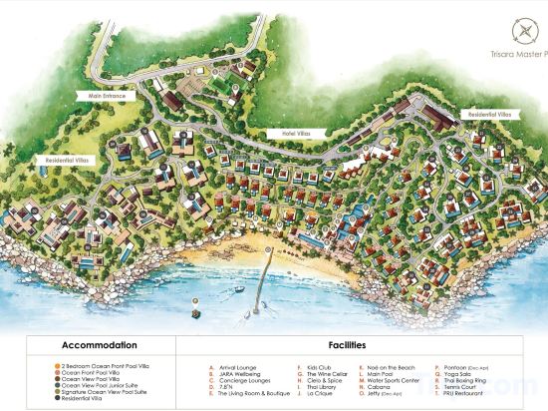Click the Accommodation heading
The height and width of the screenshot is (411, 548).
pos(92,346)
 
